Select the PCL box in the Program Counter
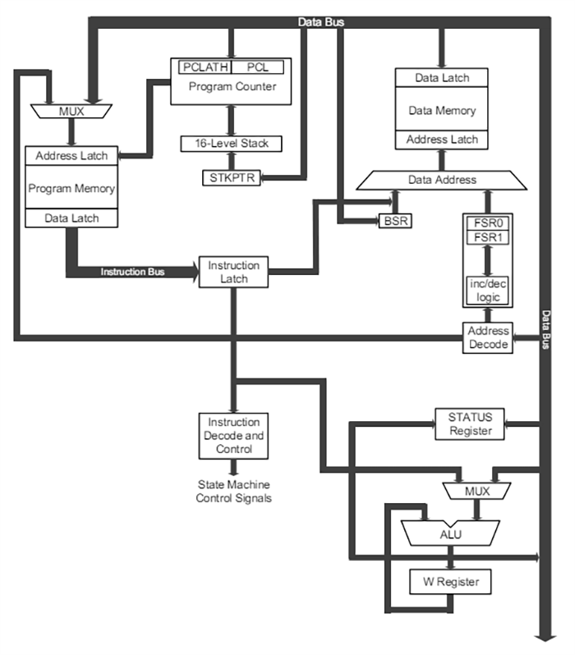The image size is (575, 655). pyautogui.click(x=258, y=66)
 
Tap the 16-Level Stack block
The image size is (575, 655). pyautogui.click(x=231, y=144)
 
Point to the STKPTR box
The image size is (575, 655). pyautogui.click(x=231, y=177)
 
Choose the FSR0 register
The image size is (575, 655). pyautogui.click(x=487, y=222)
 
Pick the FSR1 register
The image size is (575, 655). pyautogui.click(x=487, y=238)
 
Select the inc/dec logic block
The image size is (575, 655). pyautogui.click(x=487, y=288)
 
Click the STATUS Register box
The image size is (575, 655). pyautogui.click(x=468, y=424)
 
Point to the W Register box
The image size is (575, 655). pyautogui.click(x=451, y=583)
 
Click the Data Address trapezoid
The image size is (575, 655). pyautogui.click(x=443, y=179)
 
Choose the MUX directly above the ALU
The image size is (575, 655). pyautogui.click(x=466, y=491)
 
